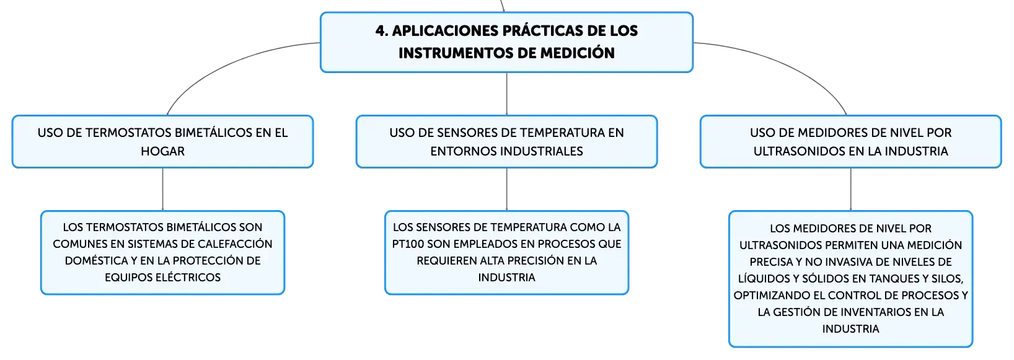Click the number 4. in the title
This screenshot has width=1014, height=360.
point(382,31)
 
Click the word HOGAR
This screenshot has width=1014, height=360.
point(162,151)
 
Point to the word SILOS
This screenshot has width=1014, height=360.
point(947,279)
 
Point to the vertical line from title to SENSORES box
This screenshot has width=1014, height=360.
point(506,94)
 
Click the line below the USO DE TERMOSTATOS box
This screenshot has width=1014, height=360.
point(162,189)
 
